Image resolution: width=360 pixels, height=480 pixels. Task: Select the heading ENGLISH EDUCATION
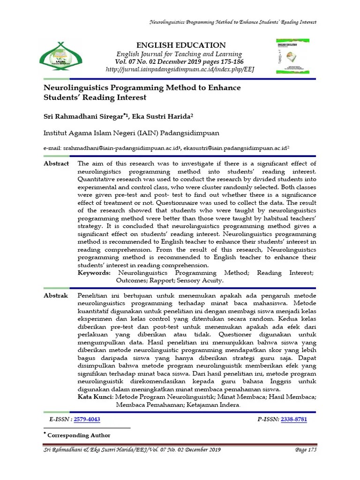[x=180, y=45]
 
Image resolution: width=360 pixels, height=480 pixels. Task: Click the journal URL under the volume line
[x=180, y=69]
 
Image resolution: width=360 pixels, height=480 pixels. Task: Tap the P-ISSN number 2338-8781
[x=294, y=419]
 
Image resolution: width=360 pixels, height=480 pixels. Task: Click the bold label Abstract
[x=56, y=164]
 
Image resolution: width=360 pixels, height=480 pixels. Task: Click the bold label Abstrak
[x=56, y=296]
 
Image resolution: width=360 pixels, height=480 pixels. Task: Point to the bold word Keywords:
[x=94, y=272]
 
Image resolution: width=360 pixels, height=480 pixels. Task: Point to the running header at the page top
[x=232, y=22]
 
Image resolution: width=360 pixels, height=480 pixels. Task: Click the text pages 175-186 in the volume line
[x=224, y=62]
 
